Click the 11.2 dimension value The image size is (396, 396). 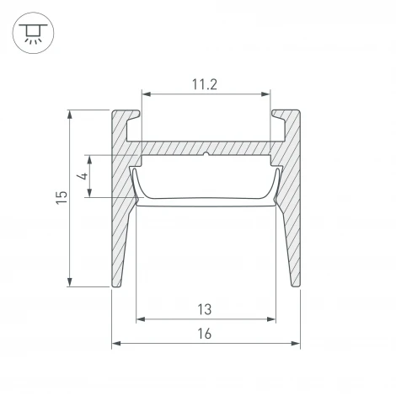[x=205, y=84]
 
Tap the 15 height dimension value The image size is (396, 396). [x=62, y=198]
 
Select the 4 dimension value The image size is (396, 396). [x=83, y=176]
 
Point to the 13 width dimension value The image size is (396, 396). [x=205, y=309]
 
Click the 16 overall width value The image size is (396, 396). [x=205, y=334]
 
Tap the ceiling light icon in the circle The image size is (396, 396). [x=33, y=34]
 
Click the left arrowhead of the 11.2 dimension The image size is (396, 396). [x=147, y=94]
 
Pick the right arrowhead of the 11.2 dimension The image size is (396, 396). [x=265, y=94]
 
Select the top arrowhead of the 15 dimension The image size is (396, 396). [x=70, y=115]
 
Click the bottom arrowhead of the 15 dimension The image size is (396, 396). [x=70, y=282]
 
